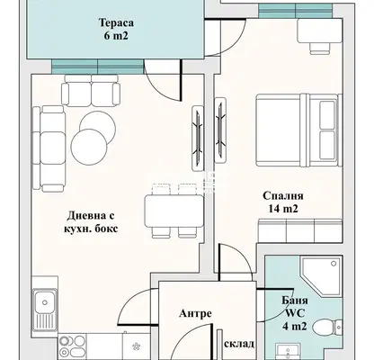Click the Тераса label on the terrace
116,22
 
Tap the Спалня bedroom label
283,196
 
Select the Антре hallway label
195,313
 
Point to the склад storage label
239,344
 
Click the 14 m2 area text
283,209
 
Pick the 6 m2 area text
116,36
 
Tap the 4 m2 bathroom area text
294,326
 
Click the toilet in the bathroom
327,327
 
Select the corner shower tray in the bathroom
322,276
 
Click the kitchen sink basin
45,302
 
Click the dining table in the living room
174,211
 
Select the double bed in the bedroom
298,130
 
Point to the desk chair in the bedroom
320,49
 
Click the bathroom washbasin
288,352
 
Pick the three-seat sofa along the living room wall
49,148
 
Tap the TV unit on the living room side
198,138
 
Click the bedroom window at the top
296,11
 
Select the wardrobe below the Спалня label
300,230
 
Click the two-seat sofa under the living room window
91,90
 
